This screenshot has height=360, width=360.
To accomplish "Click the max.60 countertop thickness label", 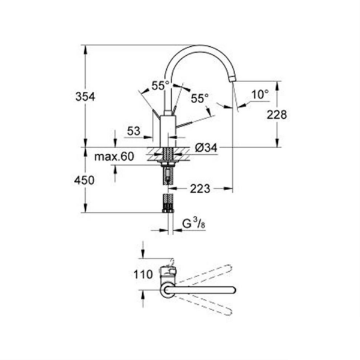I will tap(115, 157).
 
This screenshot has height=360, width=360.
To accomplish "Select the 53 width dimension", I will tap(135, 131).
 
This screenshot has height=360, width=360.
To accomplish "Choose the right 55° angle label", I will tap(199, 97).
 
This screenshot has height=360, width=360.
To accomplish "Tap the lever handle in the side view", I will tap(187, 121).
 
